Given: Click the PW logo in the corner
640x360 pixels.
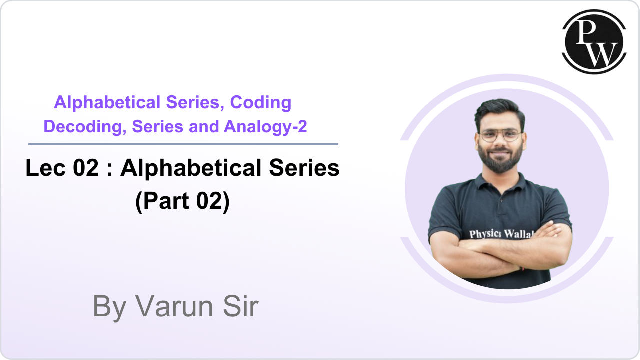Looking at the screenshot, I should pyautogui.click(x=594, y=42).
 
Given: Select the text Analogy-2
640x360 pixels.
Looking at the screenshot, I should pyautogui.click(x=265, y=127).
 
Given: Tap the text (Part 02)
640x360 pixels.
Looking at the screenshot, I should pyautogui.click(x=182, y=201).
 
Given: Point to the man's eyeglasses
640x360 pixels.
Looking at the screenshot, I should pyautogui.click(x=500, y=135).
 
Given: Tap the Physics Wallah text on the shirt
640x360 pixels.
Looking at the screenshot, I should pyautogui.click(x=500, y=234).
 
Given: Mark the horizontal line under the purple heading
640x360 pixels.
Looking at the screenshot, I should pyautogui.click(x=183, y=144).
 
